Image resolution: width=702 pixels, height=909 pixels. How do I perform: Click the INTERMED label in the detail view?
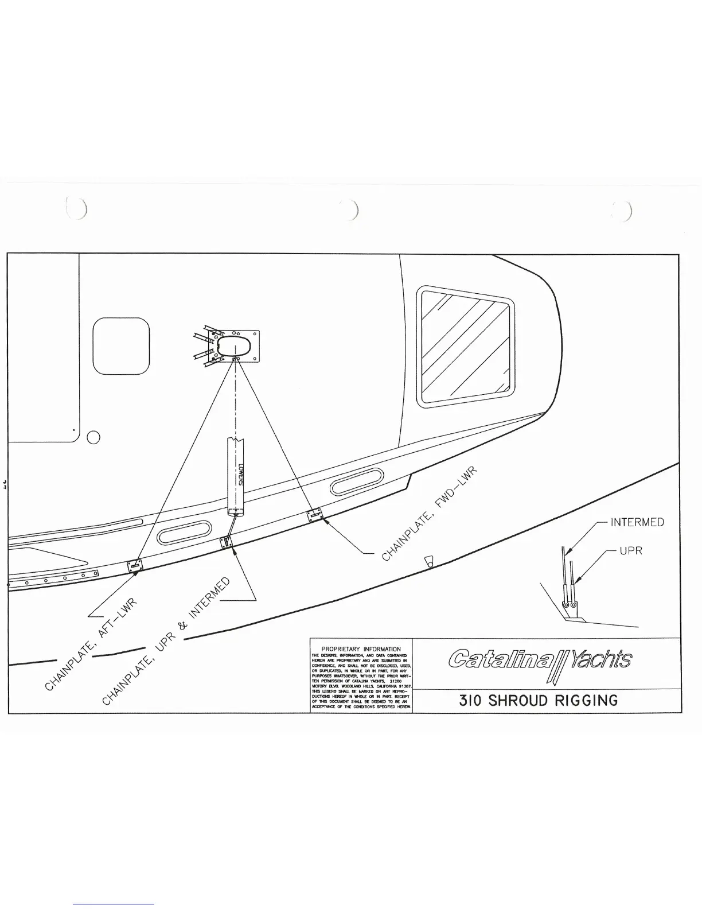click(x=637, y=522)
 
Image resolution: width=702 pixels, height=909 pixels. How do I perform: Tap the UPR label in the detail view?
click(x=630, y=551)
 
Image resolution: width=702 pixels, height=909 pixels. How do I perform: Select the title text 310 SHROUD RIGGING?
click(x=539, y=700)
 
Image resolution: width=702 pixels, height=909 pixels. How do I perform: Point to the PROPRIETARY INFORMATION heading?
click(x=361, y=649)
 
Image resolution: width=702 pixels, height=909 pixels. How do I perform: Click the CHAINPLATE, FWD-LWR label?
click(x=430, y=515)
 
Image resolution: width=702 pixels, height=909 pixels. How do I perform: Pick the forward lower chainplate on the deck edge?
click(x=314, y=515)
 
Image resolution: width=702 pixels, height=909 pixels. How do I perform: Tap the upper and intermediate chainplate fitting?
click(x=227, y=542)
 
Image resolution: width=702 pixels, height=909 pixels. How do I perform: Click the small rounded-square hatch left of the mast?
click(x=121, y=346)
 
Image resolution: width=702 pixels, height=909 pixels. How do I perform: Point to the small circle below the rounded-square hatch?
click(x=93, y=437)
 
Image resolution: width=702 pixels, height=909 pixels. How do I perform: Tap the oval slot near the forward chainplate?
click(x=357, y=481)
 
